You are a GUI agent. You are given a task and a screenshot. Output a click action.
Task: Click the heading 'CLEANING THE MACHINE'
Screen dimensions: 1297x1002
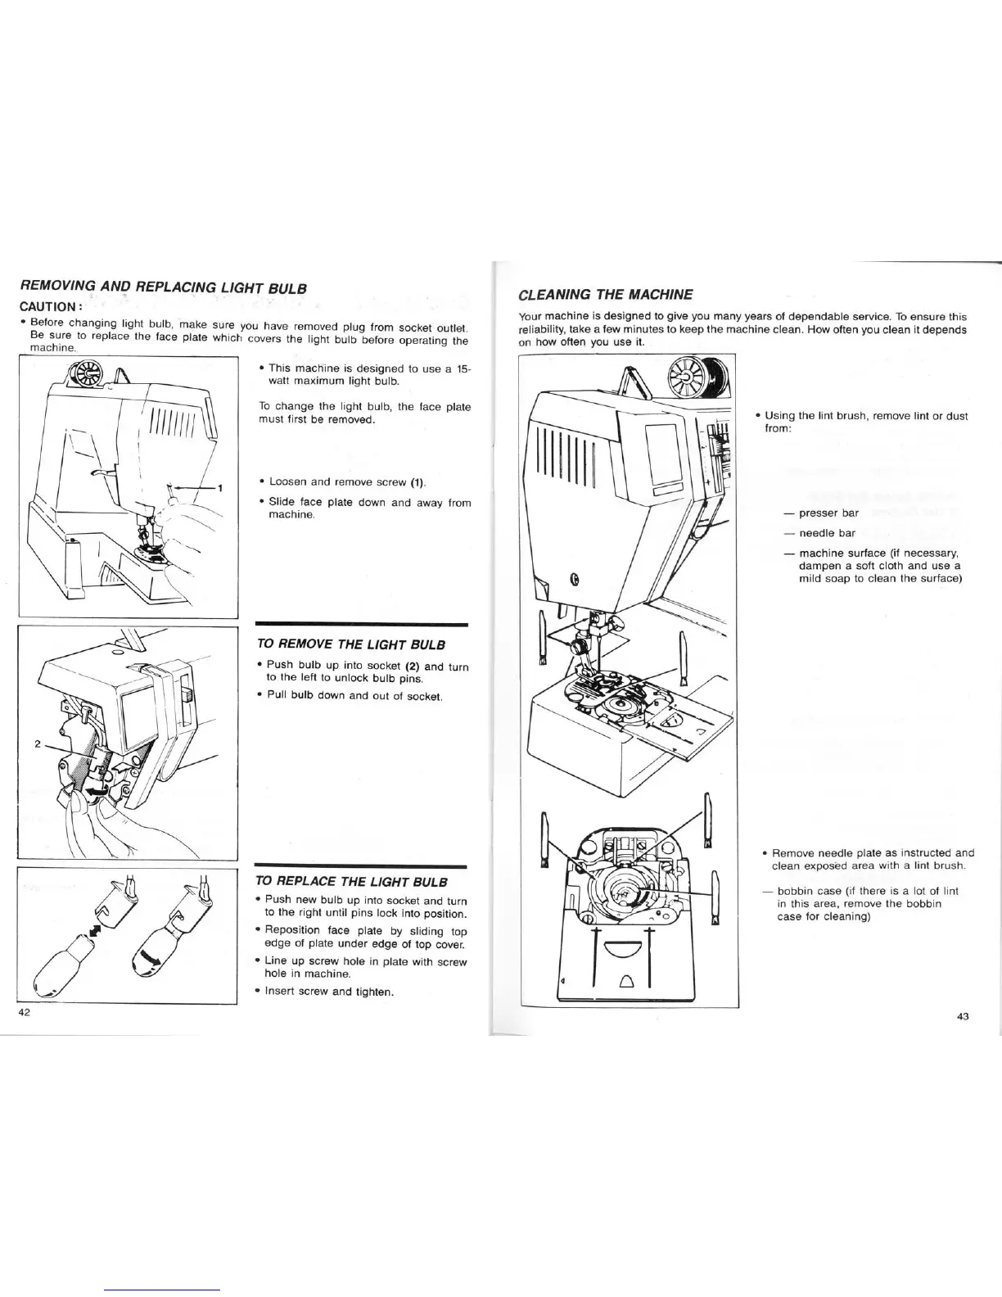(x=606, y=295)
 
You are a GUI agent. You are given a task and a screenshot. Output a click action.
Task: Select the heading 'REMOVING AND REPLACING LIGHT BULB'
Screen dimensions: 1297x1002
(x=163, y=287)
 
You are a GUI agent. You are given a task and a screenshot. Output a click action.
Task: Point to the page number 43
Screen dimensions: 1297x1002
(x=962, y=1017)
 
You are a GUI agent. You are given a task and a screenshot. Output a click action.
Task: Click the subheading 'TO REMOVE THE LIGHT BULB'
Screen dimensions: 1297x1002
(x=351, y=644)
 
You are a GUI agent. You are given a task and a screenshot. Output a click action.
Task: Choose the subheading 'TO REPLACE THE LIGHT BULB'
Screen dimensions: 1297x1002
(x=352, y=882)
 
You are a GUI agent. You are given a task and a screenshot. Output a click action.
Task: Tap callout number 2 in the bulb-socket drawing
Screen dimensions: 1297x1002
(x=38, y=745)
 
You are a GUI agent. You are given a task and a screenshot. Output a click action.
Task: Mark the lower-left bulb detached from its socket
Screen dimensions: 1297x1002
(x=58, y=966)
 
